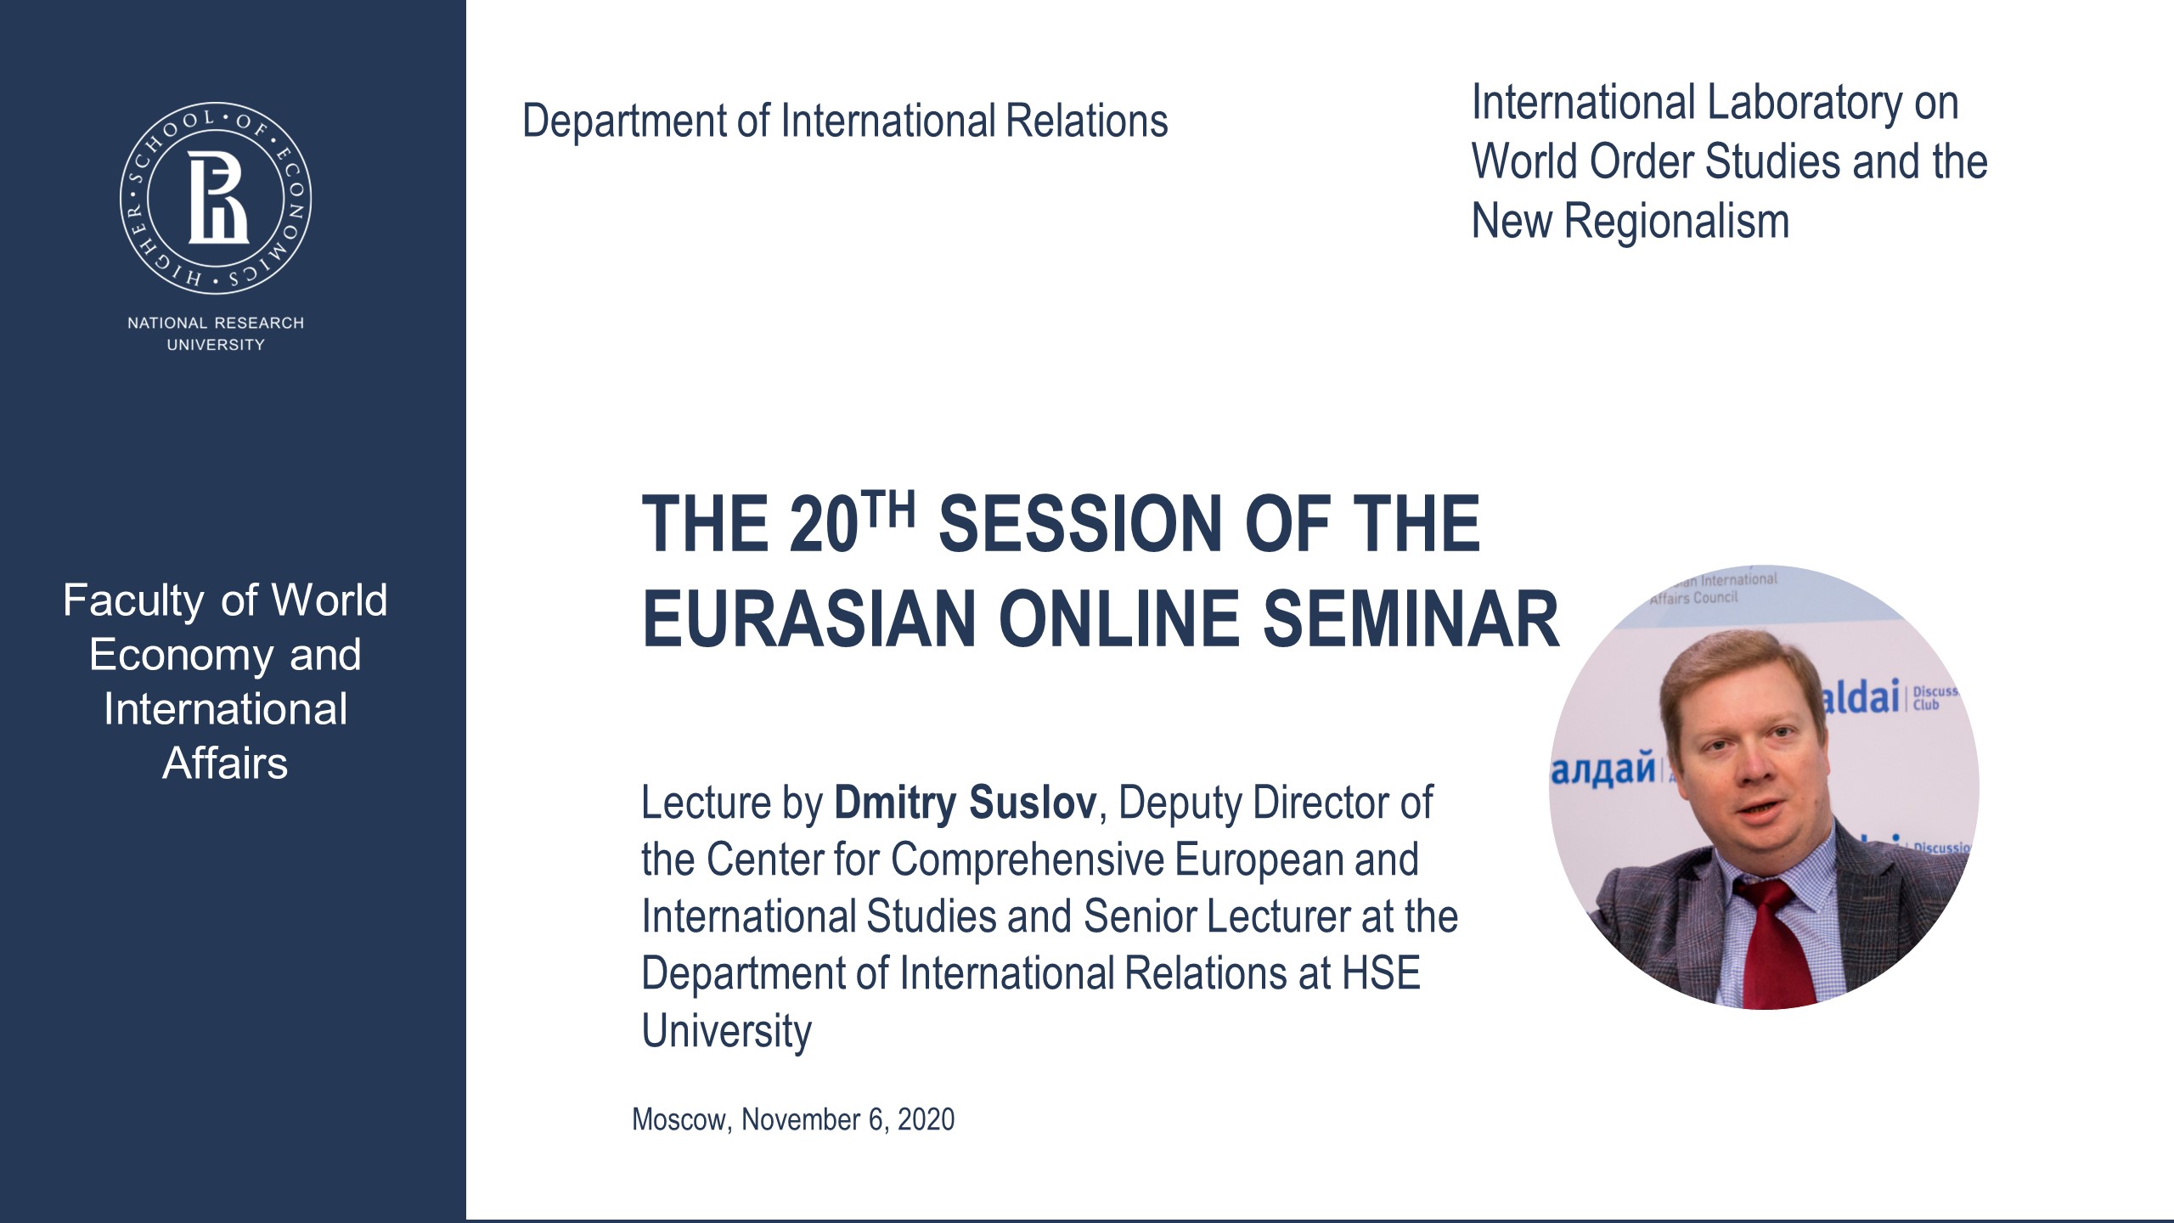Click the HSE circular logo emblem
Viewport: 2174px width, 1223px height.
[x=216, y=199]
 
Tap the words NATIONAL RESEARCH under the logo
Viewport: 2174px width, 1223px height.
[x=216, y=323]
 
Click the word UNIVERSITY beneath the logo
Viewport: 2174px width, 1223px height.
[x=216, y=345]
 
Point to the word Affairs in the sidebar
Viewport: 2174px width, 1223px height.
[x=225, y=764]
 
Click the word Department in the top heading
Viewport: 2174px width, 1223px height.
[x=625, y=121]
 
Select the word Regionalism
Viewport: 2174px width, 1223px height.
[x=1676, y=222]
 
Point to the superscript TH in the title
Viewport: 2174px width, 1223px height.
[x=888, y=510]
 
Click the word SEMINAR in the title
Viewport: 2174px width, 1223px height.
[x=1411, y=620]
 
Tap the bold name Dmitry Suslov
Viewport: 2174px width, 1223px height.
[x=965, y=803]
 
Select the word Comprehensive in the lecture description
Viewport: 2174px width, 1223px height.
[x=1028, y=859]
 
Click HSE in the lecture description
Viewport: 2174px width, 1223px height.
[x=1381, y=973]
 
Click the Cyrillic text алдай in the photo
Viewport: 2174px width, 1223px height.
[x=1603, y=769]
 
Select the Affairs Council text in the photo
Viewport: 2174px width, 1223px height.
[x=1694, y=598]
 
